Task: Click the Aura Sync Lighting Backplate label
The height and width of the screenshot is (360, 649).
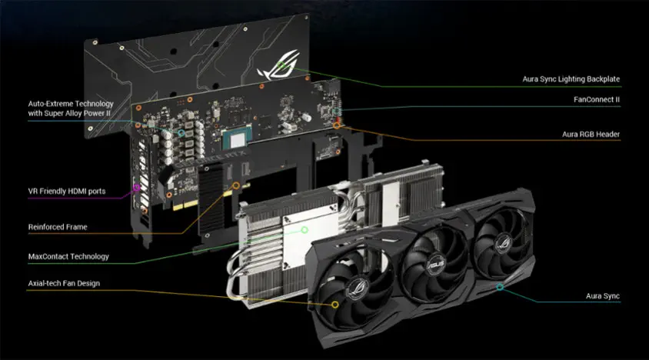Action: point(571,79)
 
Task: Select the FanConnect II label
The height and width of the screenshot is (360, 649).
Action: point(597,99)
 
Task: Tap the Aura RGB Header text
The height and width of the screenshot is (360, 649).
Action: point(591,134)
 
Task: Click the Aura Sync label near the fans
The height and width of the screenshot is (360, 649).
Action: point(602,296)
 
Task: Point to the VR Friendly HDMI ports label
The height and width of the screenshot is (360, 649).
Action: point(67,192)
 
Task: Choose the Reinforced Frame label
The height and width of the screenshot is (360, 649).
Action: point(58,227)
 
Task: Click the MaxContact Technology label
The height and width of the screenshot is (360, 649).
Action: point(68,256)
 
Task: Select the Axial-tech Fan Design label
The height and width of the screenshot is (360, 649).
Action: point(64,283)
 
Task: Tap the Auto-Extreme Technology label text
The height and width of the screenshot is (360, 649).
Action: point(71,108)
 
